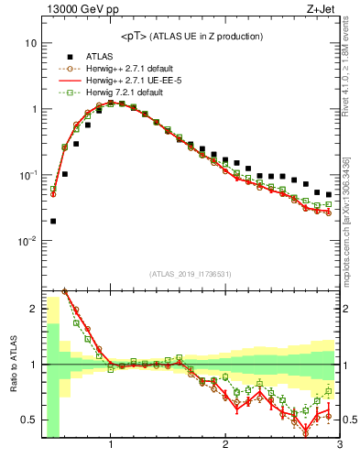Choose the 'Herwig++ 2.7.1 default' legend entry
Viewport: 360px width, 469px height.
point(136,68)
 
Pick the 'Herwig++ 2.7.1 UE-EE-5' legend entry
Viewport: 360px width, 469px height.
point(137,81)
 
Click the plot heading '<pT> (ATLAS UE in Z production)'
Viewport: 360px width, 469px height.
point(191,36)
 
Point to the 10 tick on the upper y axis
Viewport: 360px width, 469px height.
point(31,43)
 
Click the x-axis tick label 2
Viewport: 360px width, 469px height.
point(225,446)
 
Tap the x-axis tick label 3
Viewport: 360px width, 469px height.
point(339,446)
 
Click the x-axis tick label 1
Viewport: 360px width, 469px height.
point(111,446)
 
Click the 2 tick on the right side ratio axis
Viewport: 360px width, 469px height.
point(347,309)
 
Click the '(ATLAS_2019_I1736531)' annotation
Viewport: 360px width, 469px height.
point(191,273)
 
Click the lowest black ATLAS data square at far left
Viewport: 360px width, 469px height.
point(53,221)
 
